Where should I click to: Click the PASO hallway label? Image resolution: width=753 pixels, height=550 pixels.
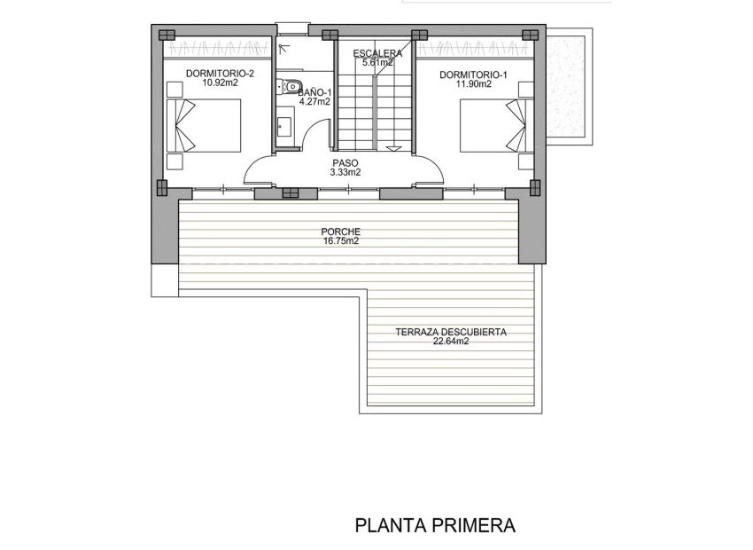(345, 163)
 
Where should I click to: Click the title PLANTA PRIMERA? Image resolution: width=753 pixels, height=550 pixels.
(434, 525)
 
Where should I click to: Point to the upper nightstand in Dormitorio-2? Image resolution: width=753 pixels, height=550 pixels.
(175, 89)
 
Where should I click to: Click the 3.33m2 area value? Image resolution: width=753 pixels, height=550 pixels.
(345, 173)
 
